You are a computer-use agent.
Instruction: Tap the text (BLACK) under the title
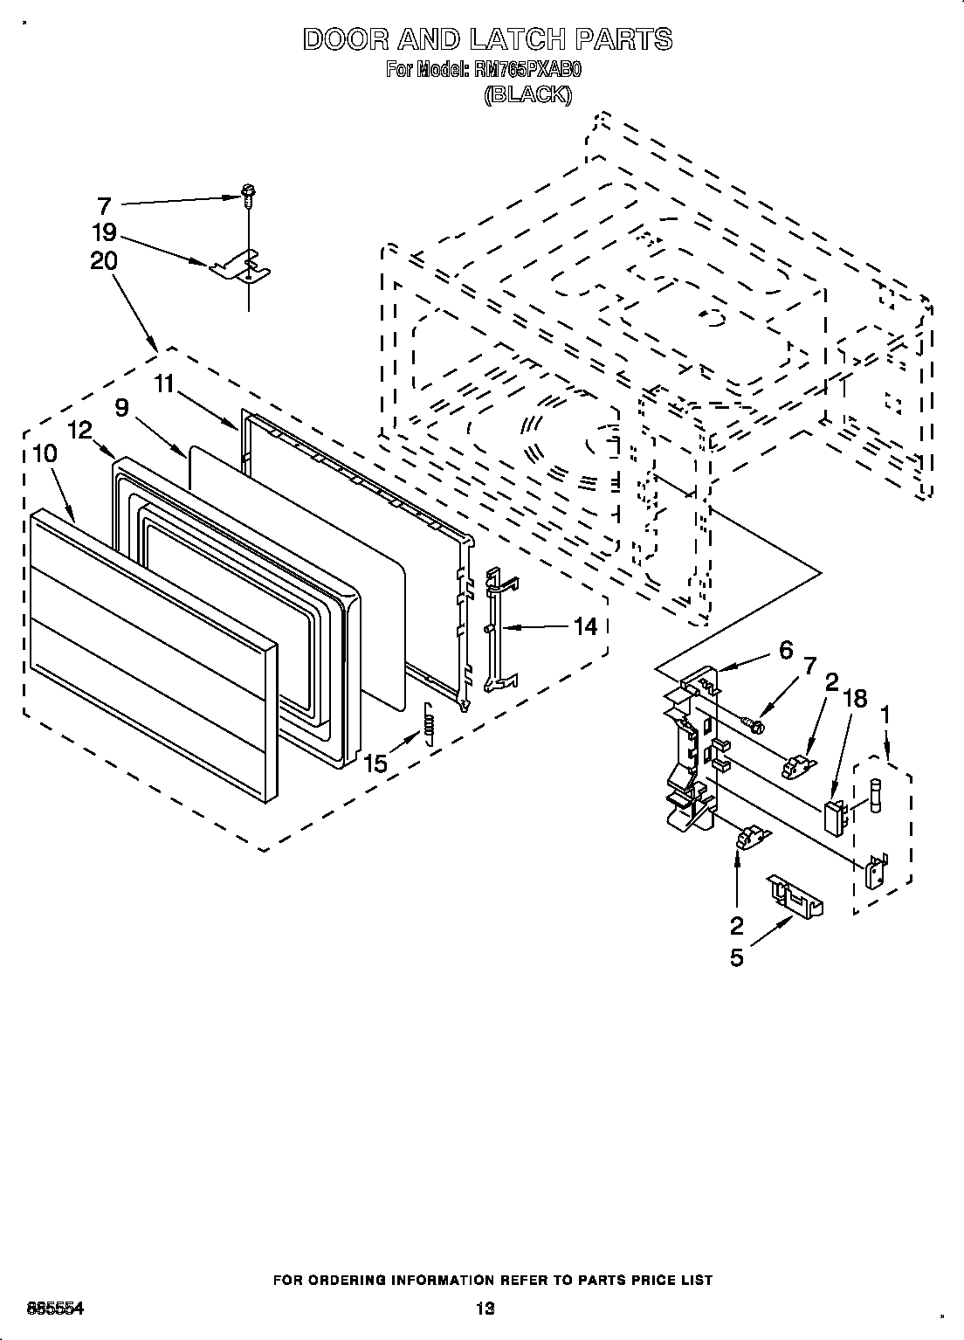[x=527, y=95]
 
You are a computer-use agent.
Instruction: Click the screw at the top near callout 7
[x=248, y=195]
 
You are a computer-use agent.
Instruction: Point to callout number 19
[x=105, y=233]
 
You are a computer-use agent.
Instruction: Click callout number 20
[x=104, y=261]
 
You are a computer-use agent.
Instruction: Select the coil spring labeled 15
[x=429, y=725]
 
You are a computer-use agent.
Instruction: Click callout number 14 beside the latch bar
[x=585, y=626]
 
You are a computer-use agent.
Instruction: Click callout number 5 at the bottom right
[x=737, y=957]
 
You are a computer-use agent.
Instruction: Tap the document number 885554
[x=55, y=1308]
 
